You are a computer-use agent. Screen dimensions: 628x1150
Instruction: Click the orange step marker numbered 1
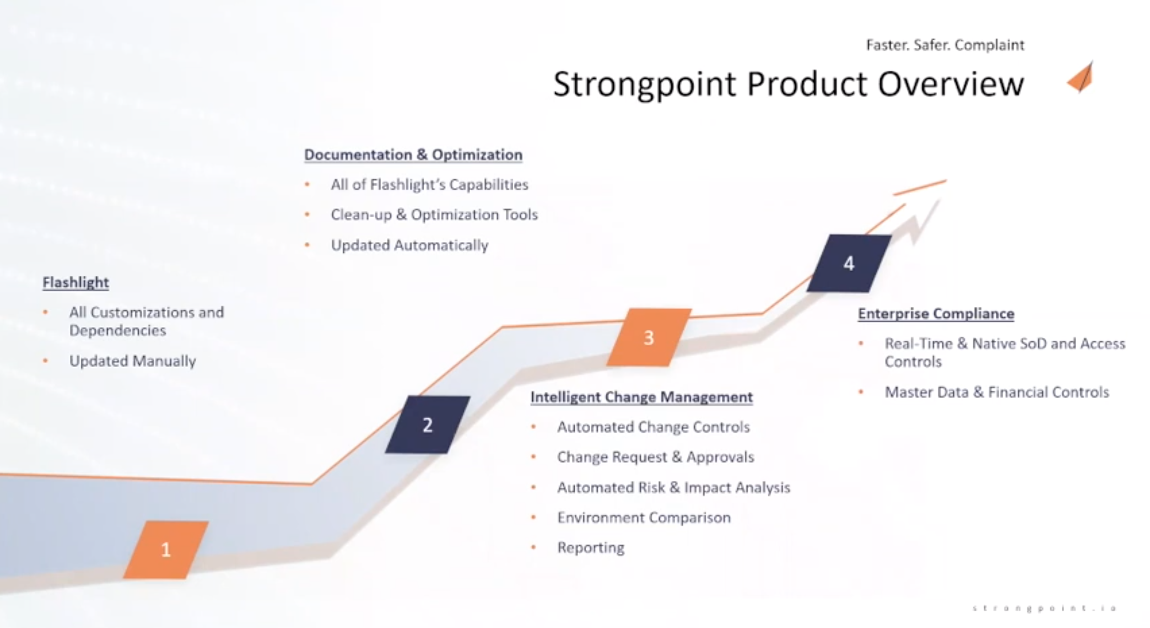[x=166, y=550]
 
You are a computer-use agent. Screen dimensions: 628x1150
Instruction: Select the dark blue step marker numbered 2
[x=427, y=425]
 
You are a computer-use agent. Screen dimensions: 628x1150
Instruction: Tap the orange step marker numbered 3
[x=648, y=337]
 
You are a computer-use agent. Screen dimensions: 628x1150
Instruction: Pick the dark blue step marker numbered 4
[x=849, y=263]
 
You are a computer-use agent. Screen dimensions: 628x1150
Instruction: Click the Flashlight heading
[x=76, y=282]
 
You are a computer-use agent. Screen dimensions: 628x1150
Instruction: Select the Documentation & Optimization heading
[x=413, y=155]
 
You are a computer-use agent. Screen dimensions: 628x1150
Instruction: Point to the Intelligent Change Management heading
[x=641, y=397]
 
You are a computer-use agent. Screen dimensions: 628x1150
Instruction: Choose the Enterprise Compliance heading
[x=936, y=314]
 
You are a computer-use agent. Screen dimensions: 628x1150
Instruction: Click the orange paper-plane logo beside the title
[x=1081, y=77]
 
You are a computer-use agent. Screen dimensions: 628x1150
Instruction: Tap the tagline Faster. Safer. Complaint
[x=945, y=45]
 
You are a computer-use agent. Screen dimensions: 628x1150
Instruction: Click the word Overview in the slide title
[x=951, y=84]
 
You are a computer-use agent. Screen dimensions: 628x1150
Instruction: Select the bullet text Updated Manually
[x=132, y=361]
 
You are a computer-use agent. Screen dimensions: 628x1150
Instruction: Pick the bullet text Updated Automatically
[x=409, y=245]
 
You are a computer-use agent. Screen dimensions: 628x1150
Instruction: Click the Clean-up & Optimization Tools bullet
[x=434, y=214]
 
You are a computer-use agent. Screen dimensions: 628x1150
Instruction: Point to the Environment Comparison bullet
[x=644, y=518]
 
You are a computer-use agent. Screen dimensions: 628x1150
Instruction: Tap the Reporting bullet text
[x=591, y=547]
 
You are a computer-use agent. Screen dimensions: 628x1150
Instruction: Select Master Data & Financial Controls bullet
[x=996, y=392]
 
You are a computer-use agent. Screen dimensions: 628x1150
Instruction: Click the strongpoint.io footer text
[x=1044, y=608]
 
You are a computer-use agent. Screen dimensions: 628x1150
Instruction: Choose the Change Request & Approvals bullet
[x=655, y=457]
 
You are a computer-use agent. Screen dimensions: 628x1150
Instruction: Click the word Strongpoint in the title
[x=644, y=84]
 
